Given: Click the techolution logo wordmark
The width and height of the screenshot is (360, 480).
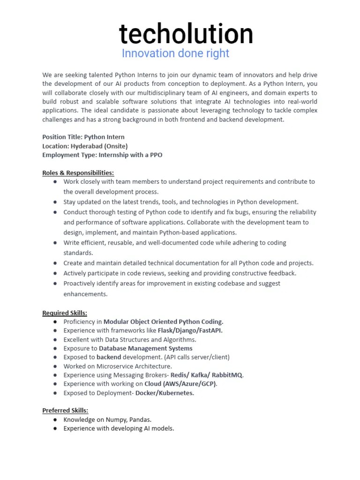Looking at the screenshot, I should click(x=186, y=35).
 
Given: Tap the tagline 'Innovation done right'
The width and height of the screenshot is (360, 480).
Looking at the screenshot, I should click(x=175, y=53).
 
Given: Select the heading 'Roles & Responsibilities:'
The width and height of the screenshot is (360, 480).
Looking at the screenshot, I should click(x=78, y=172).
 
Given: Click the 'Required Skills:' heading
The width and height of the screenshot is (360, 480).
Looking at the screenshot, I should click(x=65, y=313).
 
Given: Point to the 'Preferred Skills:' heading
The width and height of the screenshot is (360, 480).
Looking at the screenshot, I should click(x=65, y=411).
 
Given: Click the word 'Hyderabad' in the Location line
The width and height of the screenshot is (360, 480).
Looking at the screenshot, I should click(x=87, y=146).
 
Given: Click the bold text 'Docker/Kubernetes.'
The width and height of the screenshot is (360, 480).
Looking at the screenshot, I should click(x=165, y=393).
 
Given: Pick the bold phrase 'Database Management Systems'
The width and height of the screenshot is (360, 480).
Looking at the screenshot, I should click(x=146, y=348).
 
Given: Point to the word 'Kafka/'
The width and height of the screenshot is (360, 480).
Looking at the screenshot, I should click(x=200, y=375).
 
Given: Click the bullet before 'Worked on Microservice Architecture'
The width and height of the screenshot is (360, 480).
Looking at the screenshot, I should click(x=55, y=366).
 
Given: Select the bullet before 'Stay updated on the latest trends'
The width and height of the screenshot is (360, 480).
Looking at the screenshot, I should click(x=55, y=202).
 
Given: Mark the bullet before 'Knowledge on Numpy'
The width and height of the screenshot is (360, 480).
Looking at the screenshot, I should click(x=55, y=420).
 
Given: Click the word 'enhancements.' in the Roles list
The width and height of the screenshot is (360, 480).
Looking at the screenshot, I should click(x=85, y=294).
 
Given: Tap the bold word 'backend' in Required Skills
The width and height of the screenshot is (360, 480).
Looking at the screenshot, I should click(x=109, y=357).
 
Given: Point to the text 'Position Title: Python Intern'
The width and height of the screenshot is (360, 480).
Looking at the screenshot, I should click(x=83, y=137).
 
